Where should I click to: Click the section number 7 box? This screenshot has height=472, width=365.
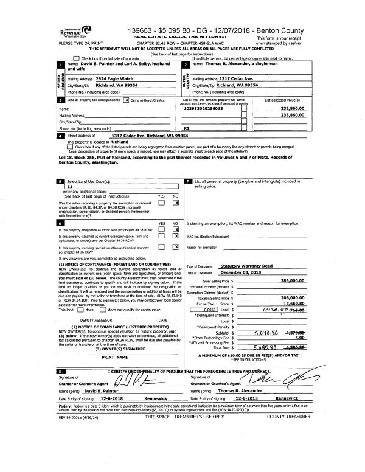click(x=188, y=182)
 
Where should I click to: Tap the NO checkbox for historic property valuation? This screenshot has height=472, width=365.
click(x=175, y=247)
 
